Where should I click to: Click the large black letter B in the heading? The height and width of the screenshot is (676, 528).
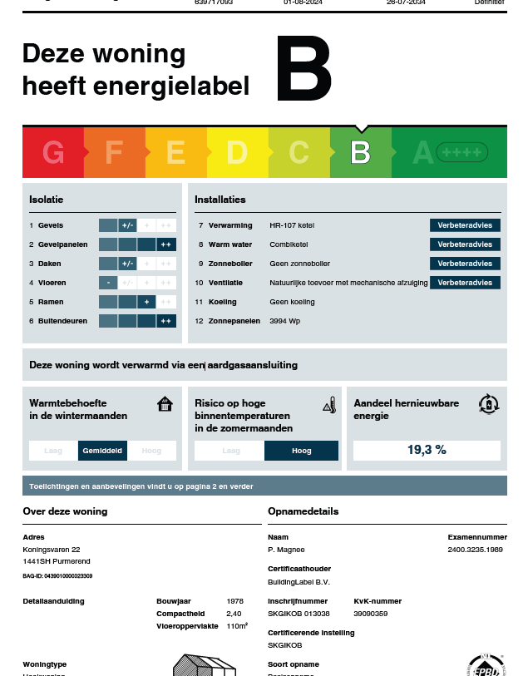coord(303,72)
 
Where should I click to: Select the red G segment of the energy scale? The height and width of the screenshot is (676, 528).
coord(53,152)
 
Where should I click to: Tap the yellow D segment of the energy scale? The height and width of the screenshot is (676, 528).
coord(237,152)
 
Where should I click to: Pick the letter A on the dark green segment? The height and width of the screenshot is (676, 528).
coord(422,152)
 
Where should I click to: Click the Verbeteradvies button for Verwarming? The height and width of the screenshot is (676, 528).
coord(465,225)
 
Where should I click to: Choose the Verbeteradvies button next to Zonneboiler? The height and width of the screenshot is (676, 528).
coord(465,264)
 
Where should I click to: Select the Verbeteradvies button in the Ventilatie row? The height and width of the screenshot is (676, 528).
coord(465,283)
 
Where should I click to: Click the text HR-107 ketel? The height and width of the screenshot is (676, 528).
coord(292,225)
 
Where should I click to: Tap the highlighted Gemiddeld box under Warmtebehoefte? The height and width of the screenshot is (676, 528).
coord(102,451)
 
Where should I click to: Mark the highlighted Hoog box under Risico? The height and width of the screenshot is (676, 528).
coord(301,451)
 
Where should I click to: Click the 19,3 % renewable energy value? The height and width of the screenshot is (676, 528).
coord(427,450)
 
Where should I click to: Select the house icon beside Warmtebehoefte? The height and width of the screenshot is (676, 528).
coord(165,404)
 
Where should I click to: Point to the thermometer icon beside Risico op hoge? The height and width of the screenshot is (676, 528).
coord(328,405)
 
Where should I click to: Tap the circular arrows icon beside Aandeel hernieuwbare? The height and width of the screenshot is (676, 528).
coord(489,404)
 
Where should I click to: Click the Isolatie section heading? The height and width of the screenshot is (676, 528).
coord(46,200)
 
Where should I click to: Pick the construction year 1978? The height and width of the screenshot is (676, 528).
coord(235,600)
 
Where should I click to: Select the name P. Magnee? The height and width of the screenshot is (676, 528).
coord(286,550)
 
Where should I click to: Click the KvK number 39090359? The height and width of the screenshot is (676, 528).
coord(371,613)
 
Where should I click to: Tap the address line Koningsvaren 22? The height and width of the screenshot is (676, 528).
coord(52,550)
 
